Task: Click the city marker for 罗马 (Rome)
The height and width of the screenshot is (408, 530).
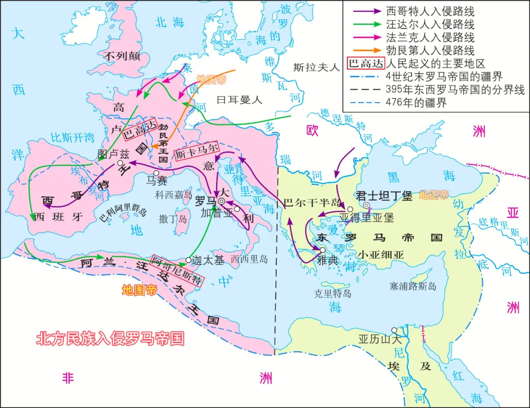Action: (222, 201)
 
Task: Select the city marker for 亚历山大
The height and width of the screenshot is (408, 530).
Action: (394, 330)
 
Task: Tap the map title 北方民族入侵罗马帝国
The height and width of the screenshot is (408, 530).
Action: (110, 338)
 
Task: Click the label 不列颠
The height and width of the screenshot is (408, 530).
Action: (122, 56)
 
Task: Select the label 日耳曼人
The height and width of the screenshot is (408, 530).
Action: (239, 100)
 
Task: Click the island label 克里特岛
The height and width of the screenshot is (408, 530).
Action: (333, 294)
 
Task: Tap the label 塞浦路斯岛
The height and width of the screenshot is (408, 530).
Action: (412, 285)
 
